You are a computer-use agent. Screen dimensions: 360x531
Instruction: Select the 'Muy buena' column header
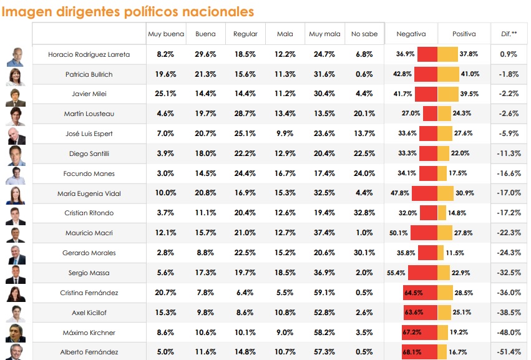coord(165,34)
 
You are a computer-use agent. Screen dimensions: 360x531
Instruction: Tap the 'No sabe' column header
coord(364,34)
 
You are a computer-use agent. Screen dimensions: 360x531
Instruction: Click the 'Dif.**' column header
coord(509,34)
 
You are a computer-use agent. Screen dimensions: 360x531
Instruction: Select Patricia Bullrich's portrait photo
coord(14,75)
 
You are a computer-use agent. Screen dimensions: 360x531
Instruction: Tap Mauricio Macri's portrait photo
coord(14,234)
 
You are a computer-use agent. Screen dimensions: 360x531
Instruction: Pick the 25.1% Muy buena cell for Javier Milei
coord(165,94)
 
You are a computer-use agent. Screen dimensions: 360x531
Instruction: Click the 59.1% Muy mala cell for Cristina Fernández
coord(324,293)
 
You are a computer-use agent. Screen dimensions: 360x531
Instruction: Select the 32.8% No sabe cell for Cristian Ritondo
coord(364,213)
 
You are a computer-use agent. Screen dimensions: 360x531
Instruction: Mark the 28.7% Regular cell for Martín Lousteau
coord(245,114)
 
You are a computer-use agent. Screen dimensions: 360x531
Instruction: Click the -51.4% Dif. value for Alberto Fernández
coord(509,353)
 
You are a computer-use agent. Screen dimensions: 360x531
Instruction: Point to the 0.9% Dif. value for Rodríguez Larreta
coord(509,54)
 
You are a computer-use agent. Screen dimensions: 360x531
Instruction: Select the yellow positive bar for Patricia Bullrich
coord(449,74)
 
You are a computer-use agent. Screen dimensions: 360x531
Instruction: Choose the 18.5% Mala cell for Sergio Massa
coord(285,273)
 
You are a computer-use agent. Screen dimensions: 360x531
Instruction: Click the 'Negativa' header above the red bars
coord(411,34)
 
